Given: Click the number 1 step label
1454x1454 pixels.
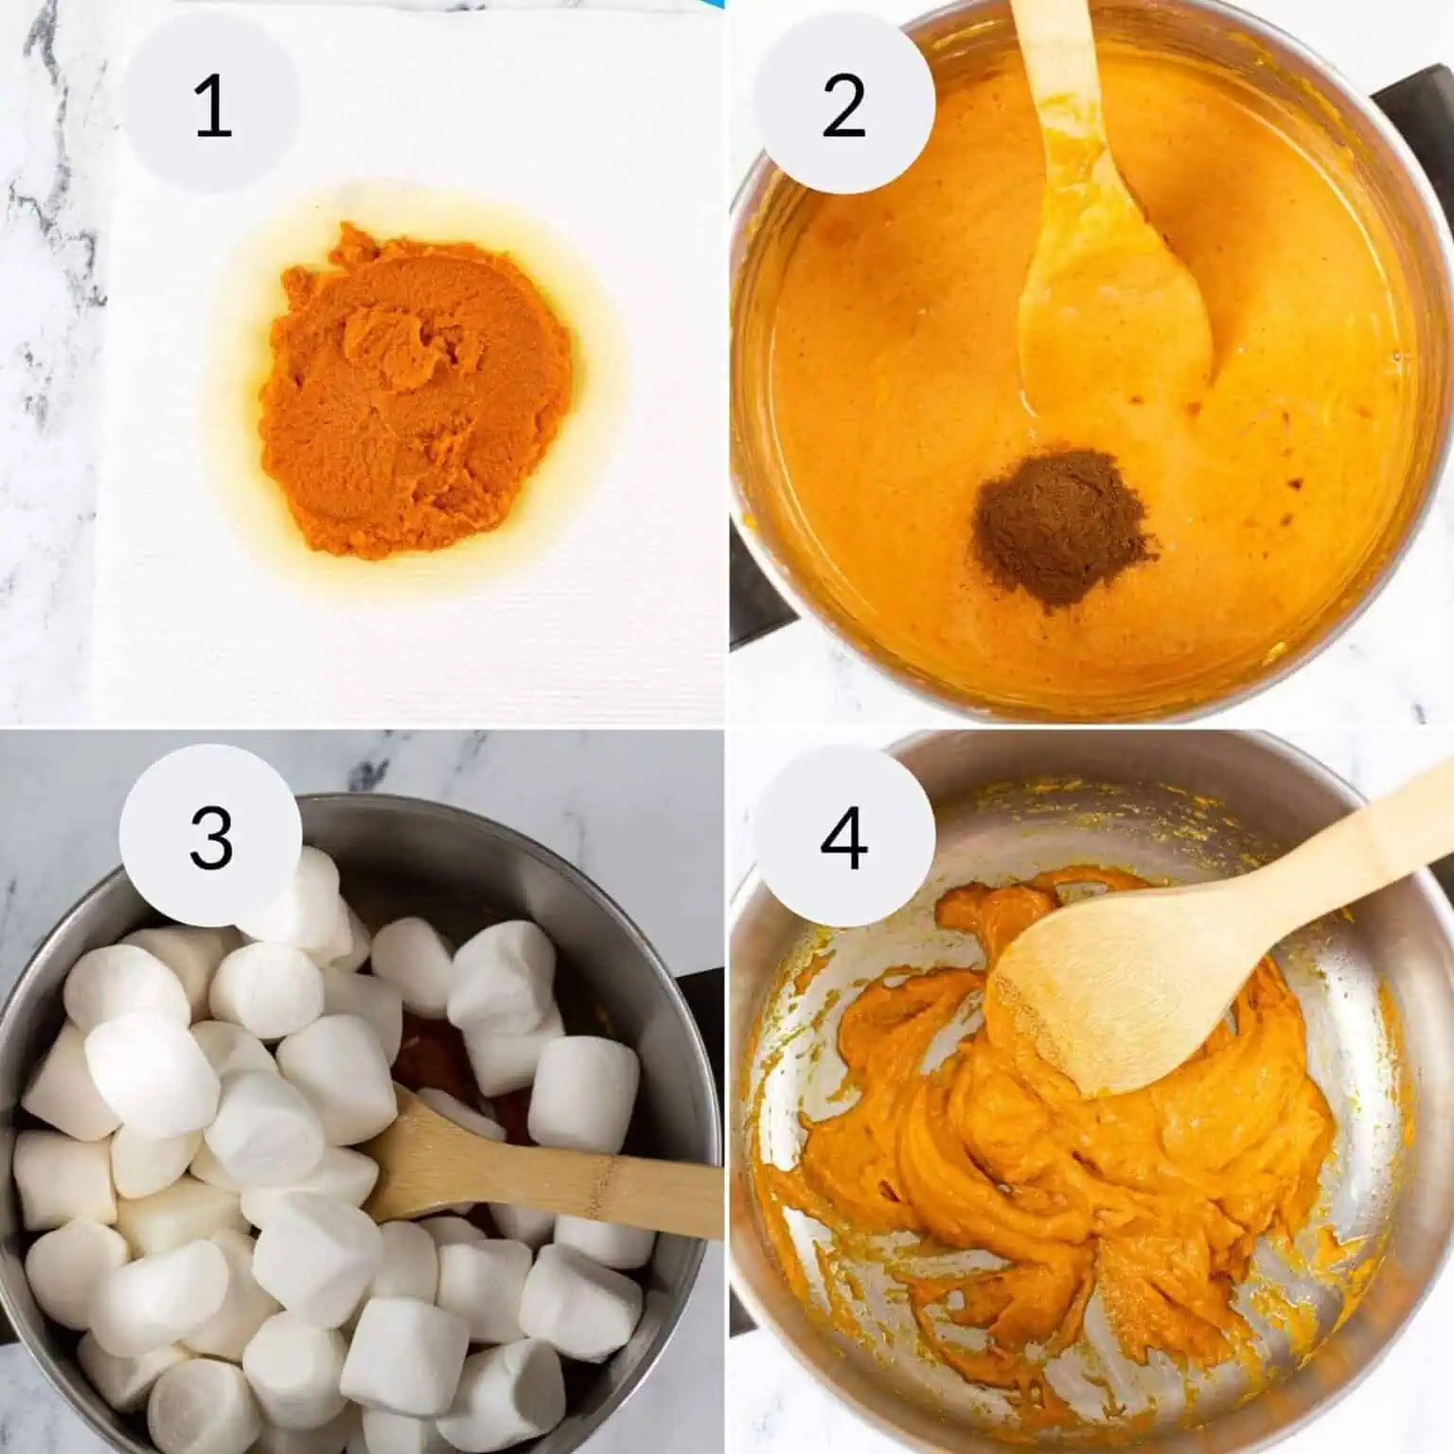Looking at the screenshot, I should [x=211, y=105].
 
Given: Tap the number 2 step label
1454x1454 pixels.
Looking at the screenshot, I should [x=843, y=105].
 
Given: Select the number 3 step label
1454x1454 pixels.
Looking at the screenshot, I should [x=211, y=838].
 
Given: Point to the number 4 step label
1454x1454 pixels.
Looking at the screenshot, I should [x=843, y=838].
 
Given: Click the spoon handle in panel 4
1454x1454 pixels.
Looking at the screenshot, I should [x=1344, y=833].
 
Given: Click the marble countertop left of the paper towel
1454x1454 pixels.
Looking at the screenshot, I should [x=47, y=426].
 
